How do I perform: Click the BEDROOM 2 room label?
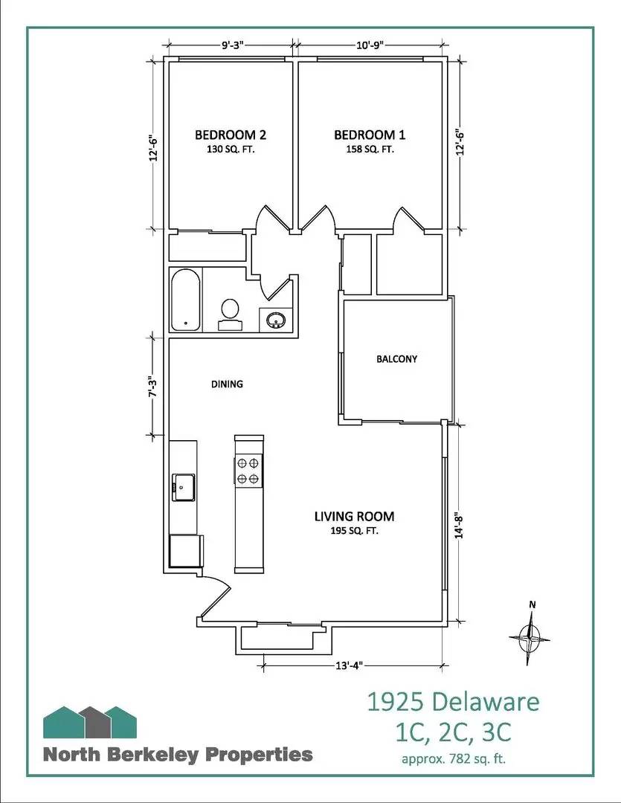230,135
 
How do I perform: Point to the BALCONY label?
396,359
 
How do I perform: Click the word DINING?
228,384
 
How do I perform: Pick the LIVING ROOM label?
354,516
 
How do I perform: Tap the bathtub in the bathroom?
185,301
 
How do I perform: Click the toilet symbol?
230,314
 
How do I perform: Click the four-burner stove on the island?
249,471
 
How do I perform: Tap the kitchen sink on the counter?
183,488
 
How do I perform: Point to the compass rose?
530,636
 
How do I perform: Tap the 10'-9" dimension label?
370,45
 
